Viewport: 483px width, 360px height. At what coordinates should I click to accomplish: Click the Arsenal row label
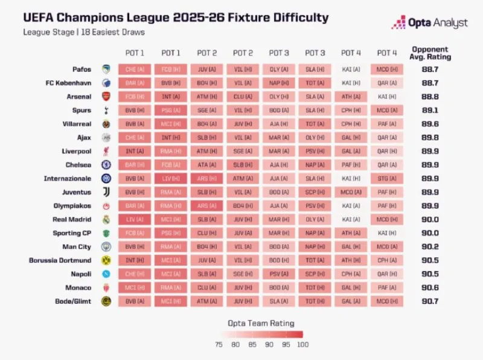[x=79, y=97]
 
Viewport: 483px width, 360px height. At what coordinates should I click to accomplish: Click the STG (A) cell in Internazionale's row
[x=387, y=179]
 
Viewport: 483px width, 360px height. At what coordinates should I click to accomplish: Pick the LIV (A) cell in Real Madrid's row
[x=135, y=220]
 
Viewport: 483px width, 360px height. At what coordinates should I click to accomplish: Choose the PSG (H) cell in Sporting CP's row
[x=171, y=233]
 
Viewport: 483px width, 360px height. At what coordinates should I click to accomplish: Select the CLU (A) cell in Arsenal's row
[x=243, y=97]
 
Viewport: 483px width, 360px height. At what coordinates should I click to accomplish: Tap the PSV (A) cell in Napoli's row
[x=279, y=274]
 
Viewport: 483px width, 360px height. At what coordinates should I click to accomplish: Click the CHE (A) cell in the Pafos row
[x=135, y=69]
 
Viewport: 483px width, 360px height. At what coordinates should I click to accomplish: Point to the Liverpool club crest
[x=106, y=151]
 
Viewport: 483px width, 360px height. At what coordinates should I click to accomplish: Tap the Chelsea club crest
[x=106, y=165]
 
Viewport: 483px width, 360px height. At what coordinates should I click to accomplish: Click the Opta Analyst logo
[x=429, y=23]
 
